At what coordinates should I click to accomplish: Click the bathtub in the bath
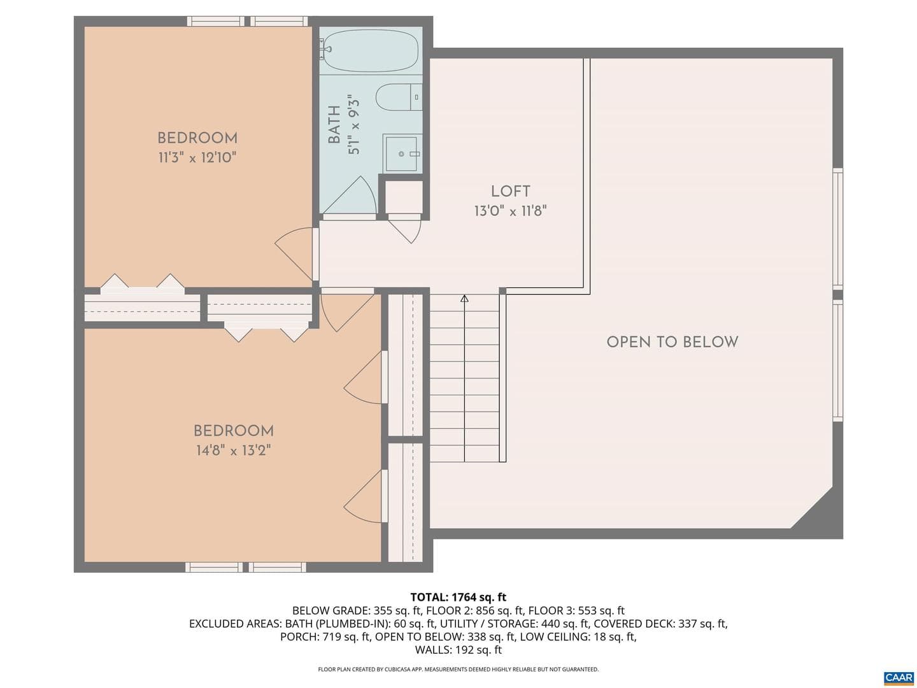click(x=371, y=50)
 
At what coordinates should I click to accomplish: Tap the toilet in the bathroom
click(x=399, y=97)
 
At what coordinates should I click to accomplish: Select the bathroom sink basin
click(x=401, y=154)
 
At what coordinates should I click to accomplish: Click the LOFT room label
click(x=510, y=191)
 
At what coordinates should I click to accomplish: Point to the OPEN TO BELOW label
click(x=672, y=342)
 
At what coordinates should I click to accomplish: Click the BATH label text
click(x=334, y=124)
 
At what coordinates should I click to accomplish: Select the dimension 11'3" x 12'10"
click(x=197, y=158)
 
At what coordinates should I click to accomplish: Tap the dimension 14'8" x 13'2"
click(x=234, y=451)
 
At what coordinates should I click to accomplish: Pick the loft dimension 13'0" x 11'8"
click(x=510, y=211)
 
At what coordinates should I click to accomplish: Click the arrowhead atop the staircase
click(x=464, y=299)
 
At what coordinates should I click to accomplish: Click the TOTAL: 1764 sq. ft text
click(x=458, y=598)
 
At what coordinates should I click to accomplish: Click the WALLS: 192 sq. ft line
click(x=458, y=650)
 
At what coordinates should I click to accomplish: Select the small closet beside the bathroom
click(x=403, y=197)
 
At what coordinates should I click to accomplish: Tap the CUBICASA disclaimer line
click(x=458, y=669)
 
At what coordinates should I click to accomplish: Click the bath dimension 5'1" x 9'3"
click(x=353, y=124)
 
